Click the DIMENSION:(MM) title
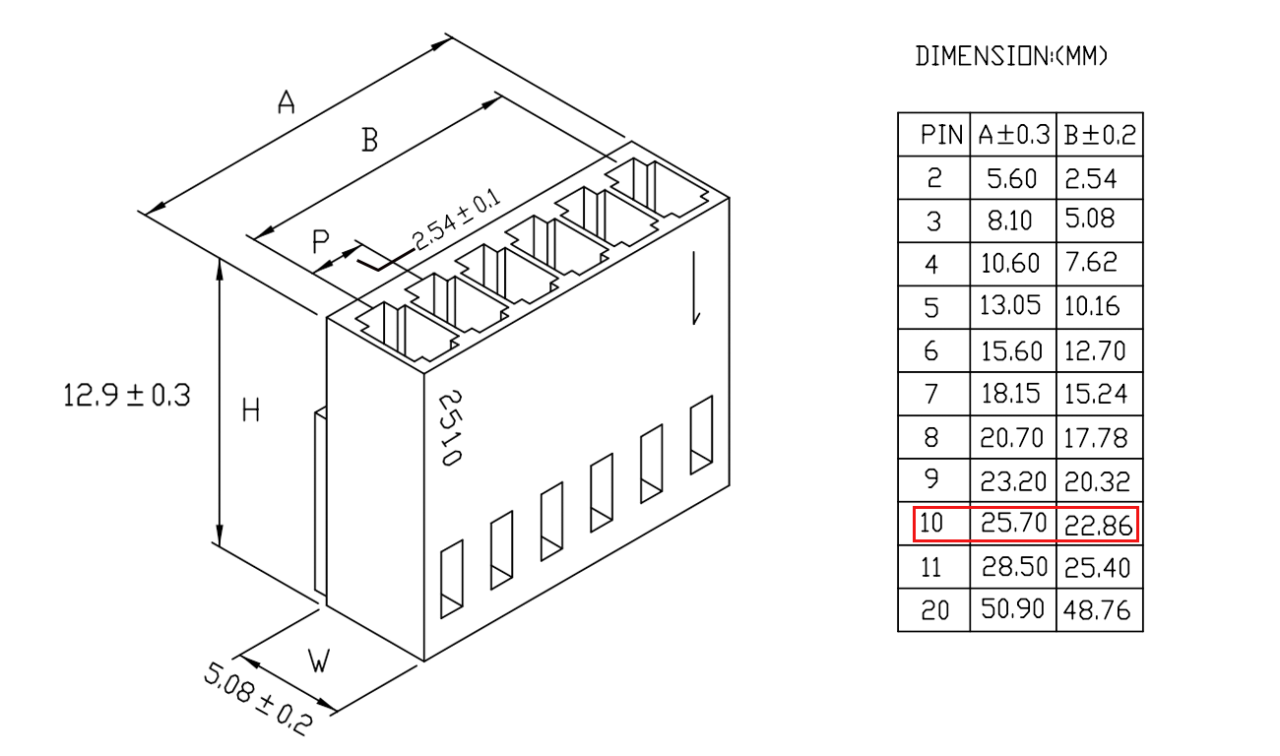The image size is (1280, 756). coord(1011,56)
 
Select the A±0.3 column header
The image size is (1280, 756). coord(1014,135)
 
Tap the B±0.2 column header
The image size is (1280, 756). coord(1100,135)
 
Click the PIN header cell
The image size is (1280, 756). coord(941,135)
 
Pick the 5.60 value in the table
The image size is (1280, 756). coord(1011,179)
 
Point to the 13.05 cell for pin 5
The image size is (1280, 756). coord(1010,306)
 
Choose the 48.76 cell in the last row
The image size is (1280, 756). coord(1097,611)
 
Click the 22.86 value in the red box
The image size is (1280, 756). coord(1098,526)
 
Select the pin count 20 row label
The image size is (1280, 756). coord(934,611)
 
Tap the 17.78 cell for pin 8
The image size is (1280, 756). coord(1096,438)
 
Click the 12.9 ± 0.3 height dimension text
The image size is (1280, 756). coord(126,396)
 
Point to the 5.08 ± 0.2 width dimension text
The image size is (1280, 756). coord(258,698)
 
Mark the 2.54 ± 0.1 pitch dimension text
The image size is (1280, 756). coord(456,220)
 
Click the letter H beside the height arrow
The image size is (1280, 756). coord(251,410)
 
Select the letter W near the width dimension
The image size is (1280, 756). coord(319,661)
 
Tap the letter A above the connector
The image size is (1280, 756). coord(287,101)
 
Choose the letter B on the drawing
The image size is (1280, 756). coord(369,140)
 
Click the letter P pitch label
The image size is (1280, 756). coord(321,241)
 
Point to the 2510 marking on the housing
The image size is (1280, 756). coord(450,428)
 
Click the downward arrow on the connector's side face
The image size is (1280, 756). coord(695,288)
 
